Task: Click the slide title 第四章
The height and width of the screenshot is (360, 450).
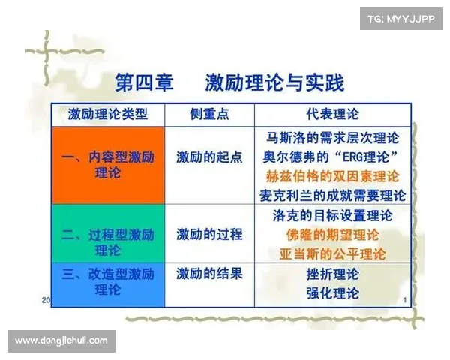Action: coord(144,83)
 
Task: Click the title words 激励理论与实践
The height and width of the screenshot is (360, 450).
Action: coord(274,83)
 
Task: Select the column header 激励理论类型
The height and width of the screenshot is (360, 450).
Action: coord(108,114)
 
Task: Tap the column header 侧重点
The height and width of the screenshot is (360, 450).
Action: coord(209,114)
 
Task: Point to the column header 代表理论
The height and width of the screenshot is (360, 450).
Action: coord(333,114)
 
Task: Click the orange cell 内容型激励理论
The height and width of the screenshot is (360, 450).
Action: coord(108,165)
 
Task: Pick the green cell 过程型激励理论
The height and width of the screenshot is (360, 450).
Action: coord(108,233)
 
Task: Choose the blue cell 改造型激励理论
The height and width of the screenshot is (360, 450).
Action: coord(108,284)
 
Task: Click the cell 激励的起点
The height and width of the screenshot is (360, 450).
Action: coord(209,157)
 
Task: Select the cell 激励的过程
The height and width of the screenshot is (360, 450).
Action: coord(209,234)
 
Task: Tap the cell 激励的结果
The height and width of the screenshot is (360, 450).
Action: coord(209,273)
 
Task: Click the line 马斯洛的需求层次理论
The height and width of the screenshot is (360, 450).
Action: coord(333,138)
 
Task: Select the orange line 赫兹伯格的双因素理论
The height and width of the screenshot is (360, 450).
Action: coord(333,176)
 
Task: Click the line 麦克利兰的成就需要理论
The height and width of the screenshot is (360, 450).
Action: coord(333,196)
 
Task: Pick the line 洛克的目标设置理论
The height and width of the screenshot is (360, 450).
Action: coord(333,215)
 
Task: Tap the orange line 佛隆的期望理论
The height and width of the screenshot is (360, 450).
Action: coord(333,235)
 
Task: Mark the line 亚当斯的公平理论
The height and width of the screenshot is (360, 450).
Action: coord(333,254)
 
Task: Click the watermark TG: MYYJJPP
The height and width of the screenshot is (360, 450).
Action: coord(401,19)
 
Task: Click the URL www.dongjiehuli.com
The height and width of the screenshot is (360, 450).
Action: coord(61,340)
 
